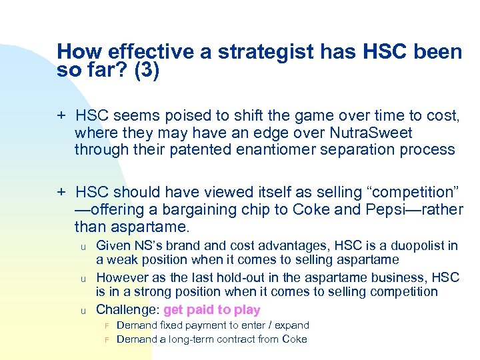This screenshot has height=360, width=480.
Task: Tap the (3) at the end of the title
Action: [x=147, y=71]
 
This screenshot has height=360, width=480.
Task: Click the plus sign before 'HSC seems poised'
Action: [x=61, y=116]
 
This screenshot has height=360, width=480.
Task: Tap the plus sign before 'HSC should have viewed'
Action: [x=61, y=193]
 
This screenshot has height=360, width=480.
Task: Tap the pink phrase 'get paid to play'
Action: [x=211, y=309]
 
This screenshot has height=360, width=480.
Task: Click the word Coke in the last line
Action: [x=294, y=339]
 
